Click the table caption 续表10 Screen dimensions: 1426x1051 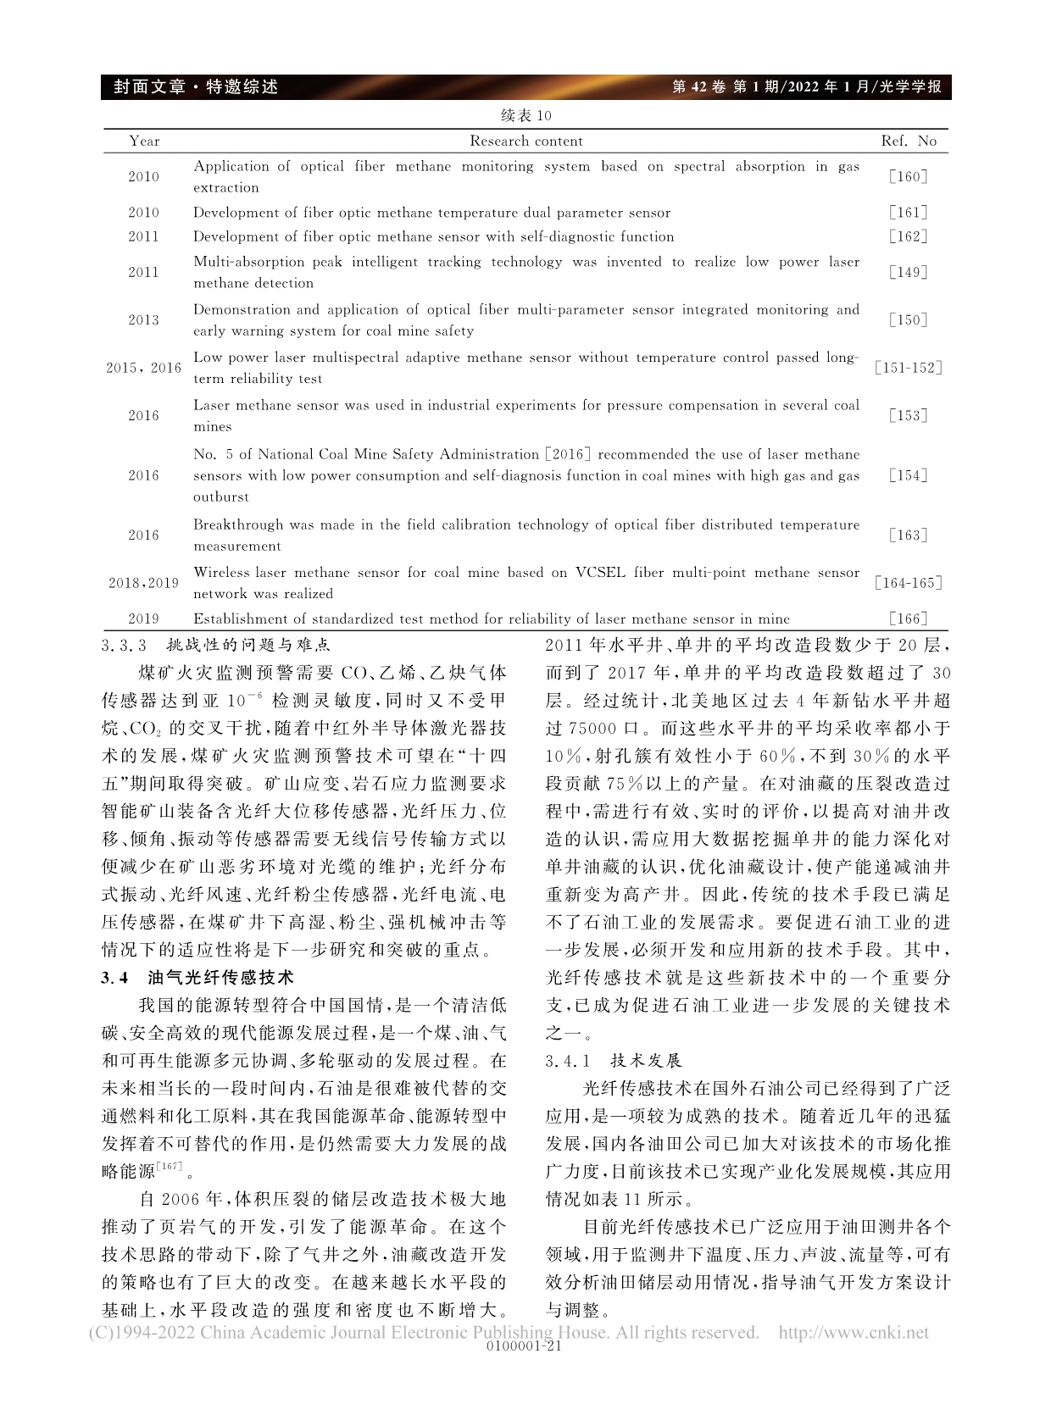(525, 115)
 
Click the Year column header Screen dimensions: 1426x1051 (144, 141)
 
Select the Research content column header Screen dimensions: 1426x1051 (526, 141)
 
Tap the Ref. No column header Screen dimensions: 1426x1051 (909, 141)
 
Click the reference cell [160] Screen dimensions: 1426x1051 (909, 177)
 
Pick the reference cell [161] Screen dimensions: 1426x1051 (909, 213)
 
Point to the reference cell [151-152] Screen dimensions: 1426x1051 (909, 368)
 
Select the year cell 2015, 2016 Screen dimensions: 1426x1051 (144, 368)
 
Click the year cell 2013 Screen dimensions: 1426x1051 (144, 320)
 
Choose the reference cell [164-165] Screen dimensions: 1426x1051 (909, 583)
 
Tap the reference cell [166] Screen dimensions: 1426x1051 (909, 619)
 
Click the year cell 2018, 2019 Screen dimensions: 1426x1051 (144, 583)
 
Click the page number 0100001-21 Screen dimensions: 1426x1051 (525, 1346)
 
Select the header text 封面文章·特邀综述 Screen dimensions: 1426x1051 (190, 86)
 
